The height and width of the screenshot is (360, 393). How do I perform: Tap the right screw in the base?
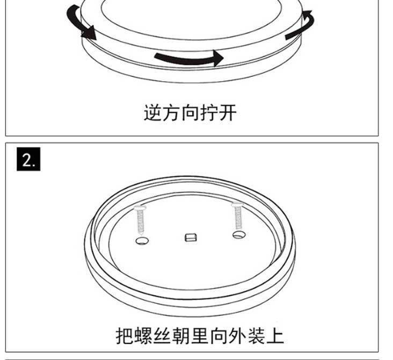[237, 216]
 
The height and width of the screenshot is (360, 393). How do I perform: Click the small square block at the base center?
[190, 237]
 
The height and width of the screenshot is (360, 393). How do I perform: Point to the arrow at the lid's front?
[188, 57]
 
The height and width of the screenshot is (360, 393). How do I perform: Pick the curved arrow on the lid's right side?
[301, 26]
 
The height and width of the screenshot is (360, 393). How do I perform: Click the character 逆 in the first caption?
[153, 113]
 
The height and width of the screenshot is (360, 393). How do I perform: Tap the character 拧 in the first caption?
[208, 113]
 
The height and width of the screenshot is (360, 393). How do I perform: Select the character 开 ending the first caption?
[227, 113]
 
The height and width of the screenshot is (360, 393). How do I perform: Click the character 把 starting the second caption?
[125, 336]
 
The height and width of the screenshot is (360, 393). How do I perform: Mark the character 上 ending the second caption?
[275, 336]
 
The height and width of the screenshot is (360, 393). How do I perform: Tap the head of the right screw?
[236, 204]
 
